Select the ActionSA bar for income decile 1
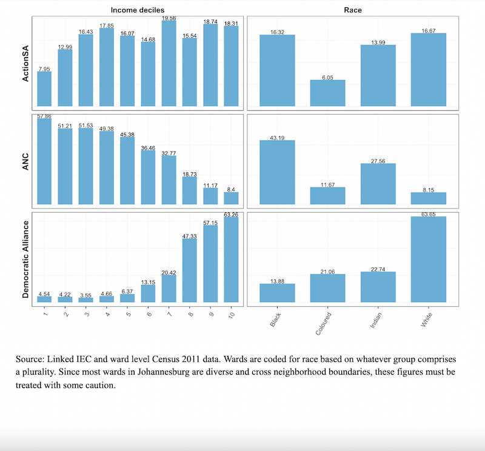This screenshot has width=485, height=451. click(44, 90)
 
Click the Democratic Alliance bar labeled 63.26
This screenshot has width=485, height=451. click(231, 259)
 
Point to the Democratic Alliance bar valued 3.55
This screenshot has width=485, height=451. click(85, 299)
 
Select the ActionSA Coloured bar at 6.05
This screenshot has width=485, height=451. click(327, 94)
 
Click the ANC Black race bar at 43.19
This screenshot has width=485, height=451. click(277, 173)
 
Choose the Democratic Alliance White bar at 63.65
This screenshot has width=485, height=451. click(428, 259)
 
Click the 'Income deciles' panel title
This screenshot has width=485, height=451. click(137, 10)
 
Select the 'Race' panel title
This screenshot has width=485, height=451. click(353, 10)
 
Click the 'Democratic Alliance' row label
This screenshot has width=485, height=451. click(26, 259)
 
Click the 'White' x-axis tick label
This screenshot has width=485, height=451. click(426, 321)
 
